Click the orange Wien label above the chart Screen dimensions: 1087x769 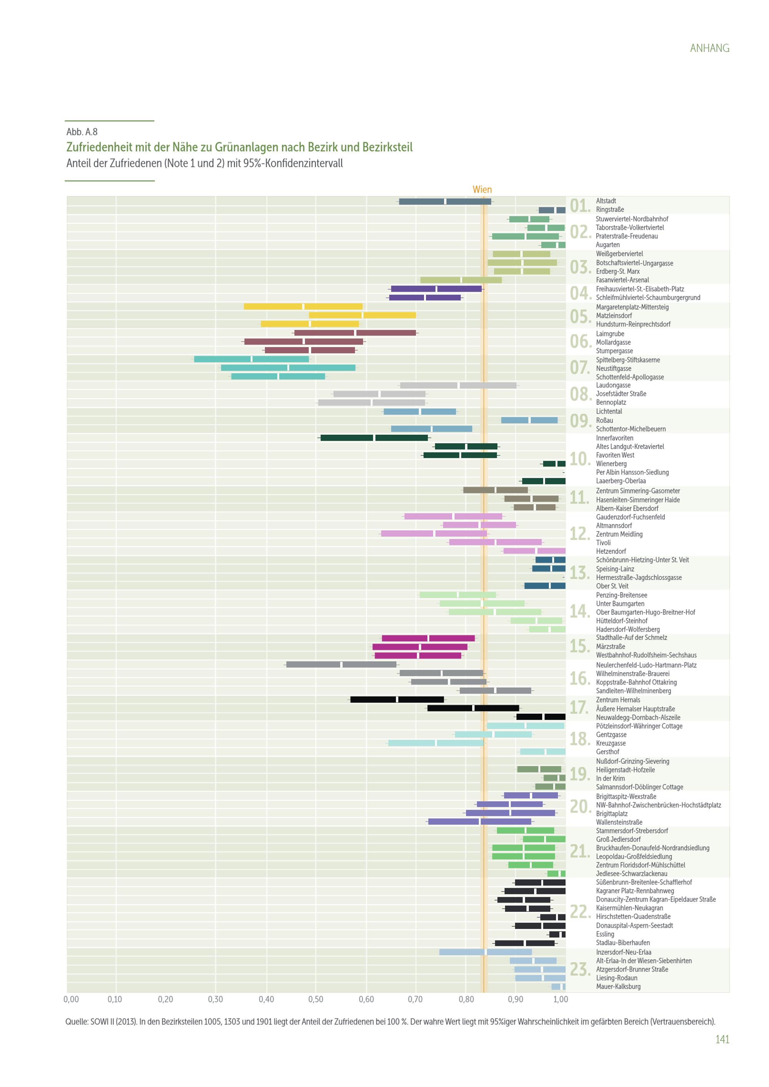point(482,189)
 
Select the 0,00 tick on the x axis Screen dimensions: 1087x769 point(71,999)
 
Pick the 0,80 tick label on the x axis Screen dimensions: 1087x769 point(466,999)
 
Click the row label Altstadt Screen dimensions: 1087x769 point(606,201)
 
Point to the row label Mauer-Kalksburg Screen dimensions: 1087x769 point(618,986)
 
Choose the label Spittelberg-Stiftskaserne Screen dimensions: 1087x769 point(628,360)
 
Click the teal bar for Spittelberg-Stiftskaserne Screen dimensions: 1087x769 point(251,359)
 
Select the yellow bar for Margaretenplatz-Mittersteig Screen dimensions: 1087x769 point(303,306)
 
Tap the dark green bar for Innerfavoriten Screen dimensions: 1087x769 point(374,437)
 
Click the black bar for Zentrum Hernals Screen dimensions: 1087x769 point(397,699)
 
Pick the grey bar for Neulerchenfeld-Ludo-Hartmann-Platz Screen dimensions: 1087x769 point(341,664)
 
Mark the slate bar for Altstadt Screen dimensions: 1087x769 point(445,201)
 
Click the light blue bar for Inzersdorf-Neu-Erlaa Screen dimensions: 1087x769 point(485,952)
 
